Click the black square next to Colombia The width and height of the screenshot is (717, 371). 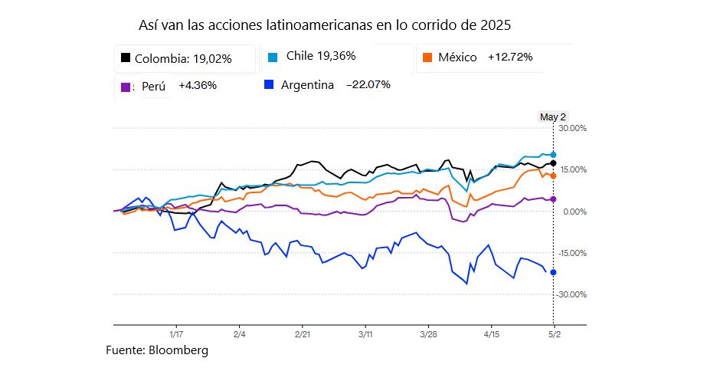click(125, 57)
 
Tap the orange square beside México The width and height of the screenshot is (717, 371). click(427, 57)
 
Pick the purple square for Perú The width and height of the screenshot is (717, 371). click(126, 87)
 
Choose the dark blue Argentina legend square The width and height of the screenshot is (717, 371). click(268, 84)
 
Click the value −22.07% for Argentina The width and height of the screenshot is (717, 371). click(368, 84)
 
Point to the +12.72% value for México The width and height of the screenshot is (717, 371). click(510, 57)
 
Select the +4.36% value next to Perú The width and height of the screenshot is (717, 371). click(198, 85)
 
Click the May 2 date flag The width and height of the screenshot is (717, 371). click(552, 117)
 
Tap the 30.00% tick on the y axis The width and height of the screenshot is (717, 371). click(572, 128)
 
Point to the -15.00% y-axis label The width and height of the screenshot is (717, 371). click(571, 253)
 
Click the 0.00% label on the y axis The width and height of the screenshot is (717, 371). click(574, 212)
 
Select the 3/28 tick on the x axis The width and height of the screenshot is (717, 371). click(429, 334)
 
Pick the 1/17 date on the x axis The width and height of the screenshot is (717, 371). click(175, 334)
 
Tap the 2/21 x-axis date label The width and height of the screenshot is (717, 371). click(303, 334)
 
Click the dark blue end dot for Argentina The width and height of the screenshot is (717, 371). click(553, 272)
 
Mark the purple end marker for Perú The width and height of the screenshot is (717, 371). click(553, 199)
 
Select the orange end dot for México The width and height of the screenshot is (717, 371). click(553, 176)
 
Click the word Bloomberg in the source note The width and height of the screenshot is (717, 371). click(178, 350)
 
